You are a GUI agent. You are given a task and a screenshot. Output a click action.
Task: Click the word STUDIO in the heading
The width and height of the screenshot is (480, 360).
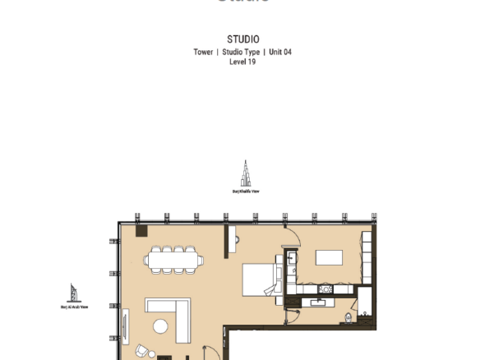(242, 39)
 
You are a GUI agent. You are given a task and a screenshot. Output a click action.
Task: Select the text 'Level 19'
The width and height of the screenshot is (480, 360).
(242, 61)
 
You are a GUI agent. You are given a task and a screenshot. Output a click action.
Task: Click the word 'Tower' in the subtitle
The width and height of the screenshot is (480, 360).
(203, 52)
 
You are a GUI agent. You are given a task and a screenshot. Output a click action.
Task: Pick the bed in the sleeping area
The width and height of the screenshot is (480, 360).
(262, 279)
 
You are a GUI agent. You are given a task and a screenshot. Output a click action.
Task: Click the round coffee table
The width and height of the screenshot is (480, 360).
(161, 327)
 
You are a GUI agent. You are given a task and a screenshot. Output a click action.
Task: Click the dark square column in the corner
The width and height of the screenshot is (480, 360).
(141, 232)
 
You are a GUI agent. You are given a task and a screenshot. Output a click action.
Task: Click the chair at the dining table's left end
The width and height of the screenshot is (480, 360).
(146, 261)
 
